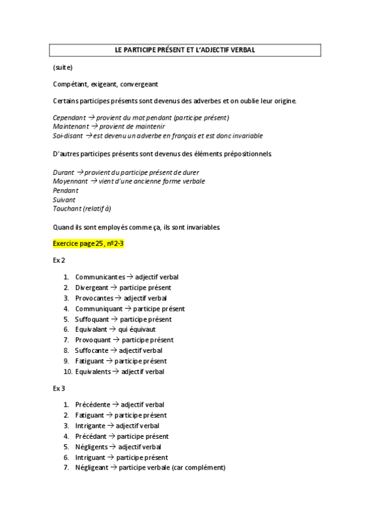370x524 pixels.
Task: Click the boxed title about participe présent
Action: [x=185, y=49]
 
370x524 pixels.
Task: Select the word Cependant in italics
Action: [x=69, y=117]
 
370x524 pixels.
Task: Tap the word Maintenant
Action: [x=71, y=126]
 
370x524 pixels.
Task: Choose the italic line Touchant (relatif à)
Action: [x=82, y=208]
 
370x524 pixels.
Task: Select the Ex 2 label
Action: [x=59, y=261]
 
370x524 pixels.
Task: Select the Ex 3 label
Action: [x=59, y=388]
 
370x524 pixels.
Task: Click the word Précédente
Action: [x=93, y=405]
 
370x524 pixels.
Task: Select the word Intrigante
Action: [x=91, y=426]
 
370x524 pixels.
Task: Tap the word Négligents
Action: [x=91, y=447]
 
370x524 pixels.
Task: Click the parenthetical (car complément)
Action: [x=199, y=468]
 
